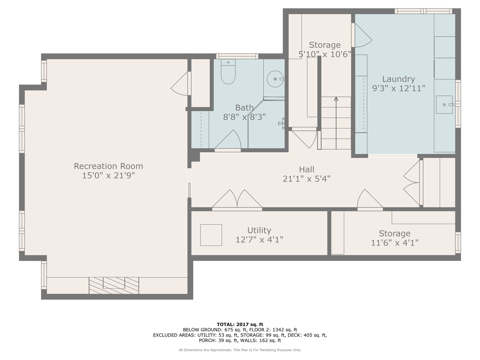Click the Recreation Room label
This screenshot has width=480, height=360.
click(x=108, y=166)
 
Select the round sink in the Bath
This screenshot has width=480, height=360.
click(x=275, y=79)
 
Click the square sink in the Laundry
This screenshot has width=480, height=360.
click(x=445, y=105)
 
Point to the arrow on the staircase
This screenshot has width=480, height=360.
click(x=336, y=99)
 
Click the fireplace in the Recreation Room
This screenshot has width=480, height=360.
click(x=114, y=285)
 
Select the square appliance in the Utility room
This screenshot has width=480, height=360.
click(x=211, y=235)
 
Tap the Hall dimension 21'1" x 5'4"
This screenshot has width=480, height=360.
click(x=306, y=179)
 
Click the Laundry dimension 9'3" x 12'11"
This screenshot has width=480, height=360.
click(x=398, y=88)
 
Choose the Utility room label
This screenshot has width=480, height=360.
click(x=259, y=230)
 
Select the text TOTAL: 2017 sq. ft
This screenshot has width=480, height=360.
click(x=240, y=324)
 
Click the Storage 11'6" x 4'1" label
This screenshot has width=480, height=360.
click(x=394, y=233)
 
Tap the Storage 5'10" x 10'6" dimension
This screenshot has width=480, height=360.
click(x=325, y=54)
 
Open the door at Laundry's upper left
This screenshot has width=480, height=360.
click(x=362, y=35)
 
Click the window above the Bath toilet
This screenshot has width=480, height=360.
click(x=237, y=56)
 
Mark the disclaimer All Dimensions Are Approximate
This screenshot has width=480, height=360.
click(x=240, y=350)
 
